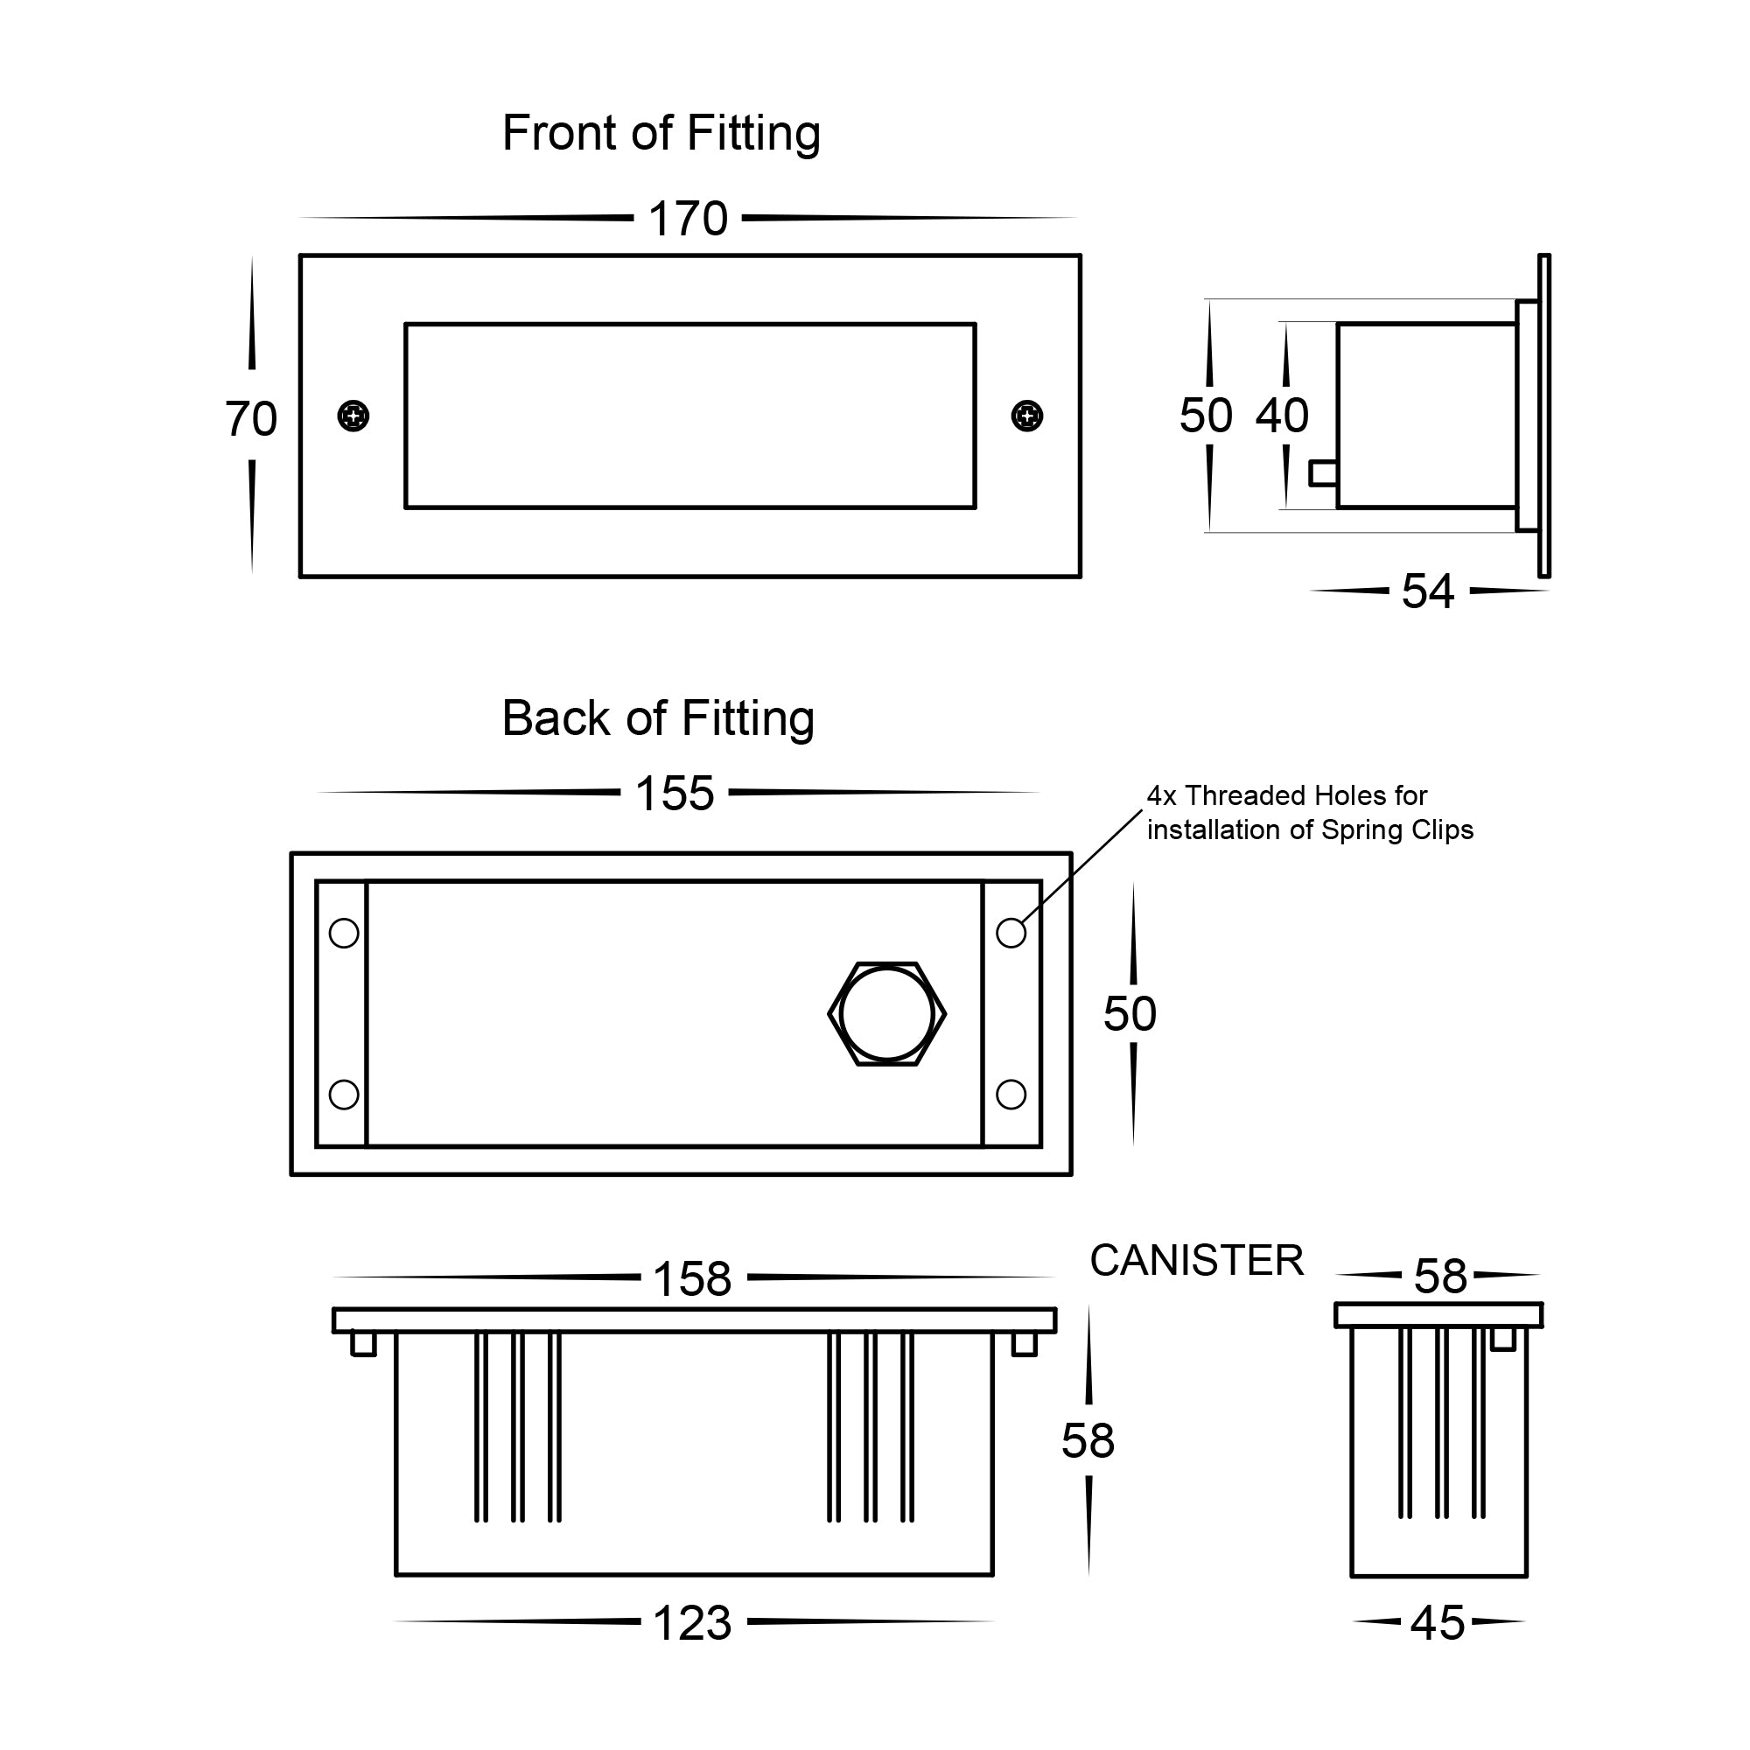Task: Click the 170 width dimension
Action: [688, 220]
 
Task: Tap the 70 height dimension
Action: [251, 419]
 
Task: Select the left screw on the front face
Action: [353, 416]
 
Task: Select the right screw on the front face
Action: [1026, 416]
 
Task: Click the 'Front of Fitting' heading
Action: [661, 134]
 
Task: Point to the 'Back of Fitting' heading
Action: [658, 719]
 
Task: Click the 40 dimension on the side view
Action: [1282, 416]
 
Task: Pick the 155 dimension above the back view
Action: [675, 794]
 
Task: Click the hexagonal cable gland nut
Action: [886, 1014]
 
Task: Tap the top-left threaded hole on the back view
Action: [344, 933]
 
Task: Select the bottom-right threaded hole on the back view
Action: [1011, 1095]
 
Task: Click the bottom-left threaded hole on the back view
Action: [344, 1095]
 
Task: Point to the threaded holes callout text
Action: [1309, 813]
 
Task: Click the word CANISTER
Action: [1195, 1261]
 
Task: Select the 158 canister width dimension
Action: [692, 1280]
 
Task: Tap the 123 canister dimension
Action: [692, 1623]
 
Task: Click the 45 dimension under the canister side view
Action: [1438, 1623]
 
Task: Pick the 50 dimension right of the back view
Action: [1130, 1013]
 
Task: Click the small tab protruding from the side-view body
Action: [1323, 472]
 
